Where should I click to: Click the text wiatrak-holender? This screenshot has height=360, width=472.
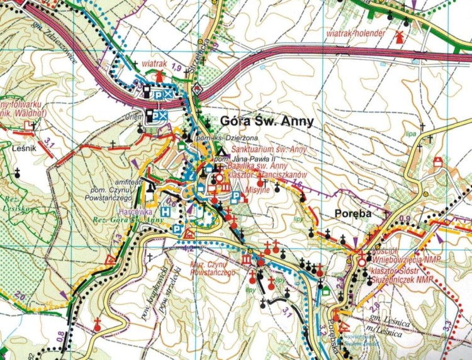(x=358, y=30)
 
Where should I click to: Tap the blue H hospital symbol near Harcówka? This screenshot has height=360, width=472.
(x=165, y=211)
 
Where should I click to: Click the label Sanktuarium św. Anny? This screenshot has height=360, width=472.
(x=269, y=149)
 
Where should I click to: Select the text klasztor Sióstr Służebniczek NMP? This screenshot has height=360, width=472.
(x=410, y=274)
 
